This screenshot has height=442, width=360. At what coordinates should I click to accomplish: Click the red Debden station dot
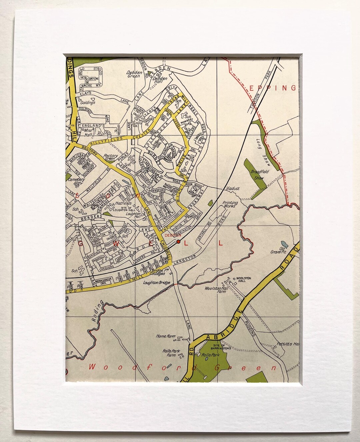178,241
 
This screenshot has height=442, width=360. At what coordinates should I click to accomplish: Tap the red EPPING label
272,88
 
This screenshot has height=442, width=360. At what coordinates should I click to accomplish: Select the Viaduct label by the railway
233,188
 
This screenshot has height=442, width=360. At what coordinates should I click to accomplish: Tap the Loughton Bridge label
156,283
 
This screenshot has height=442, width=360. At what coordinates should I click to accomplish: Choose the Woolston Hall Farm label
215,290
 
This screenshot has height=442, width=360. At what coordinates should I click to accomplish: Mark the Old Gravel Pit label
283,250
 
